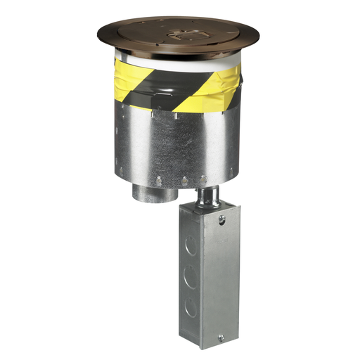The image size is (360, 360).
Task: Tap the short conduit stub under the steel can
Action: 148,193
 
